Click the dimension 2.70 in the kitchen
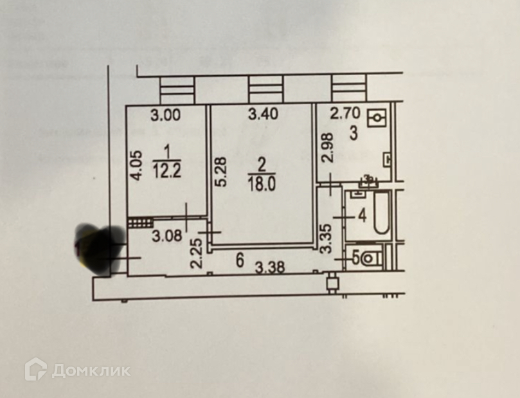click(x=344, y=115)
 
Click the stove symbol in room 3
click(x=377, y=118)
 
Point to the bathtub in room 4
click(x=381, y=213)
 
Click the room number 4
click(x=362, y=215)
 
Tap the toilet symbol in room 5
click(x=371, y=258)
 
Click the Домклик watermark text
click(x=91, y=371)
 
